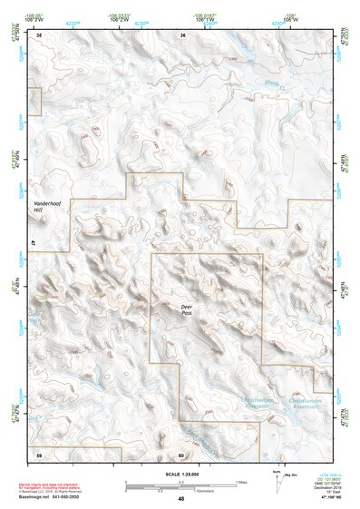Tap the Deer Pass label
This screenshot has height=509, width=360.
(187, 310)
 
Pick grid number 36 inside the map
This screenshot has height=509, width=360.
(183, 34)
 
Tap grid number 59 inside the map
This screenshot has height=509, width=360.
(39, 453)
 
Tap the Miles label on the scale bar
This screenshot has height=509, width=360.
(242, 481)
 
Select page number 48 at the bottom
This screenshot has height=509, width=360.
(180, 500)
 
